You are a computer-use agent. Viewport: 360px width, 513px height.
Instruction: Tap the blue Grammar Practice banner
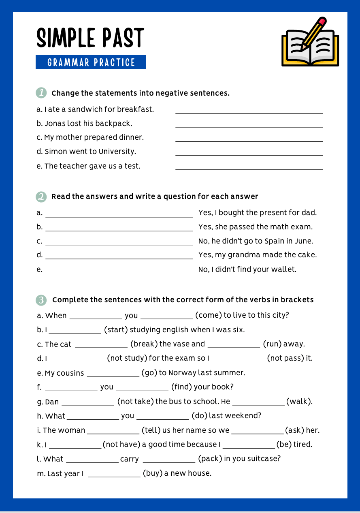91,62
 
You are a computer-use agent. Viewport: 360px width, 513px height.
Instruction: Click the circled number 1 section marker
41,93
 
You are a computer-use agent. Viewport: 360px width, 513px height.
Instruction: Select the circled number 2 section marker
41,197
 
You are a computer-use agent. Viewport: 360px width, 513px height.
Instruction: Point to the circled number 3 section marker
41,300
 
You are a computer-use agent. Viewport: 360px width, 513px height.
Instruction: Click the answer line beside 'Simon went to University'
249,155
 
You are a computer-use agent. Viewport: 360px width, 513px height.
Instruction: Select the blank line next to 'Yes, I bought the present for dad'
119,216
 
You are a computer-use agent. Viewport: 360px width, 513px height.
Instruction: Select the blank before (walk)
258,404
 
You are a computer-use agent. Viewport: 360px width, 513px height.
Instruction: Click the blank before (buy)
114,477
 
